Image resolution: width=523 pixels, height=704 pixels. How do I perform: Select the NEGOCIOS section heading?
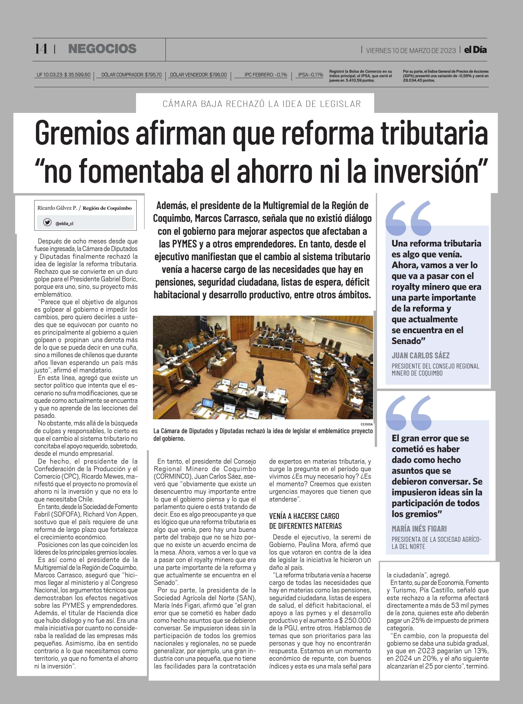(102, 49)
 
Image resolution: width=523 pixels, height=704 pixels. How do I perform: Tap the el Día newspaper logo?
(475, 50)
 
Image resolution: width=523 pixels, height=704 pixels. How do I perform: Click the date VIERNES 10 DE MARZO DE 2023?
(411, 50)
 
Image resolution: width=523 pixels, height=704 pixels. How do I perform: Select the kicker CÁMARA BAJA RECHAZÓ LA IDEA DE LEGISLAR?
(261, 104)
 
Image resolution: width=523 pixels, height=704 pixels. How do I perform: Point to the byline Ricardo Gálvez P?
(57, 208)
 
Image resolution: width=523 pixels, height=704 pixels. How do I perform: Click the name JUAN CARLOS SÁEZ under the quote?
(420, 355)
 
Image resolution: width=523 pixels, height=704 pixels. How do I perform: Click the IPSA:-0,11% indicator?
(311, 75)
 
